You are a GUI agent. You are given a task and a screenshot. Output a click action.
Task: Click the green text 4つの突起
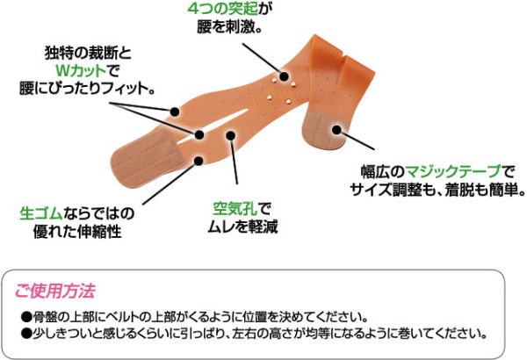pos(222,9)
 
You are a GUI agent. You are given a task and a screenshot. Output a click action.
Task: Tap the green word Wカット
pos(80,70)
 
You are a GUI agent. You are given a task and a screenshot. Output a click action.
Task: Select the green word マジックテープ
pos(453,171)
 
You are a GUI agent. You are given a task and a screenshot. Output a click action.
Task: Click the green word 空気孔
pos(235,209)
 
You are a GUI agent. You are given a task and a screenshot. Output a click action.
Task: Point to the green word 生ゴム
pos(41,213)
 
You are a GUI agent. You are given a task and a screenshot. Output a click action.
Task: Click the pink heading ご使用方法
pos(55,291)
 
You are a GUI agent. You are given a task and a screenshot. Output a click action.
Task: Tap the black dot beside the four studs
pos(284,76)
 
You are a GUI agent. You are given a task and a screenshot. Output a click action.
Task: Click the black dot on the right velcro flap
pos(336,130)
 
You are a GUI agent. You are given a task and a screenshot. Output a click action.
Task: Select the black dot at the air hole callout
pos(230,135)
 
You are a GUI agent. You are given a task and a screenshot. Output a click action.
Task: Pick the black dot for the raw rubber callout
pos(199,161)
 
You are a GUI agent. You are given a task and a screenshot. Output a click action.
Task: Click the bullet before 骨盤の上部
pos(26,317)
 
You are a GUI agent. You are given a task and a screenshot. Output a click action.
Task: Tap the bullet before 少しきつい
pos(26,334)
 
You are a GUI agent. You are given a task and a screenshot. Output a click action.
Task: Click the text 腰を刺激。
pos(229,27)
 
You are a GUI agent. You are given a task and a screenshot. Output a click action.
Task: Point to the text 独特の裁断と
pos(88,53)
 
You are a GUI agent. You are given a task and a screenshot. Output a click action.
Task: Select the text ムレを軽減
pos(242,227)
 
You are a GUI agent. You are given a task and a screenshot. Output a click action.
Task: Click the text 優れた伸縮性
pos(77,232)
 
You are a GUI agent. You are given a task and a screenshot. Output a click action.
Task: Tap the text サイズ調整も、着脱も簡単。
pos(437,190)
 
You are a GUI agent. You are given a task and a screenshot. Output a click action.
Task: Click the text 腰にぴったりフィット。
pos(87,88)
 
